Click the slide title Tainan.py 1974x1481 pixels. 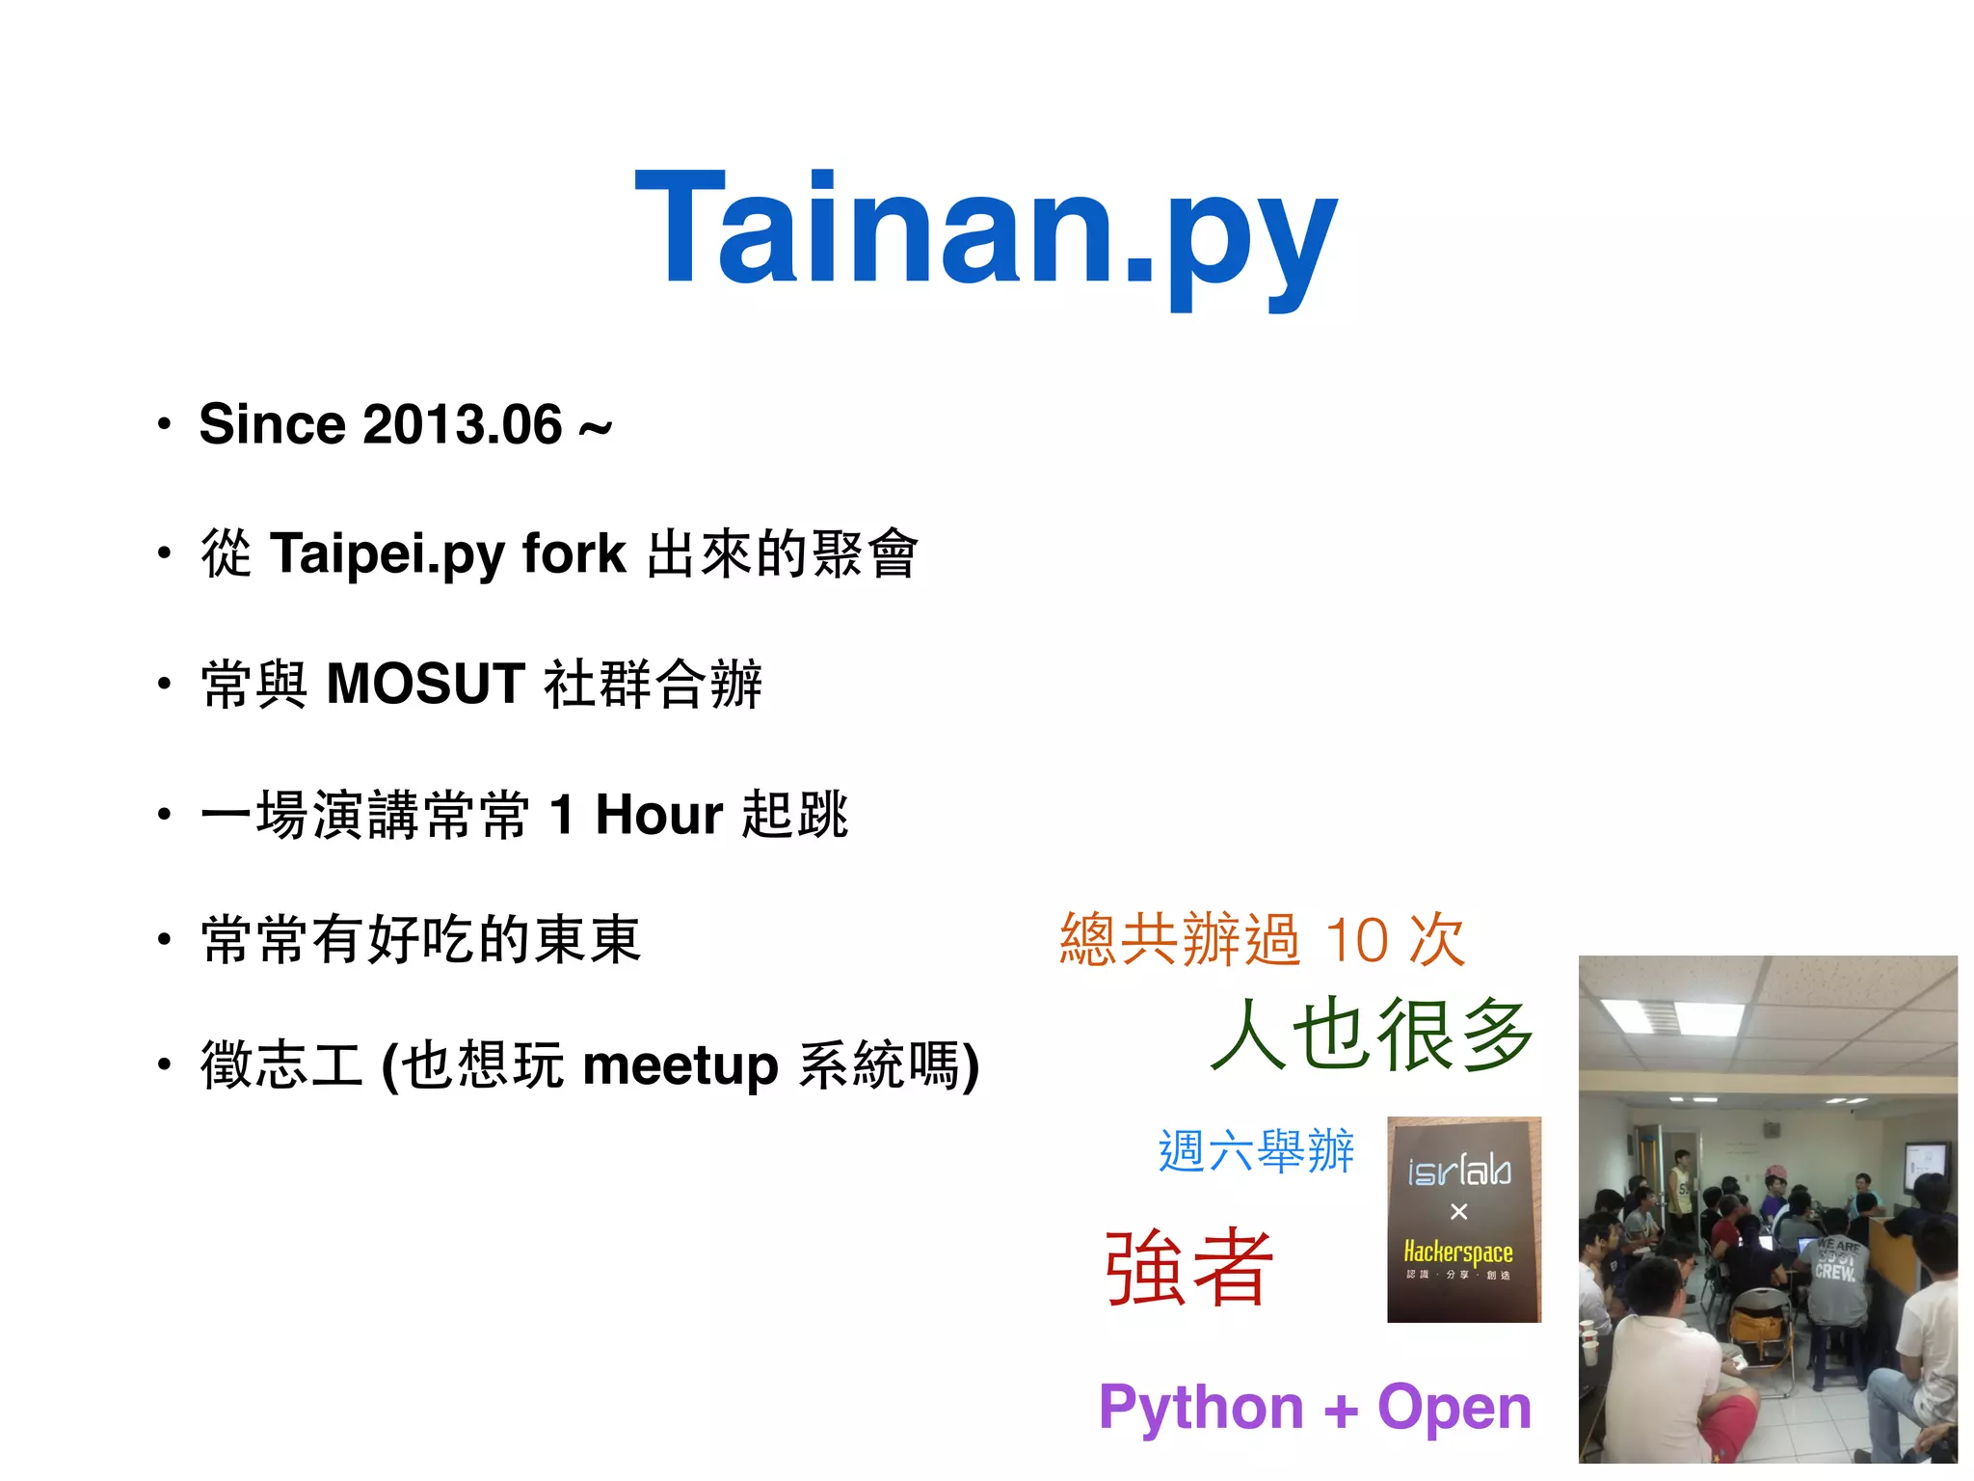(985, 231)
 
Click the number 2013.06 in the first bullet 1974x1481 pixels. (462, 424)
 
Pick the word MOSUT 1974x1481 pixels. (426, 684)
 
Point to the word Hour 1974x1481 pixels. (658, 815)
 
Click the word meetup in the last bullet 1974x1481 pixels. (680, 1065)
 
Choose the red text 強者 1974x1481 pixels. (1188, 1267)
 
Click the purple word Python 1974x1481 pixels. (1201, 1408)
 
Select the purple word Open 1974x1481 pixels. (1454, 1408)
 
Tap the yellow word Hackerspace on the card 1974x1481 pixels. (1457, 1252)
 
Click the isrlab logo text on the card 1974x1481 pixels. (1458, 1171)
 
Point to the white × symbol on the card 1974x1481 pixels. (1458, 1211)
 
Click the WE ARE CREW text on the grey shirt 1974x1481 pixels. (1836, 1260)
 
